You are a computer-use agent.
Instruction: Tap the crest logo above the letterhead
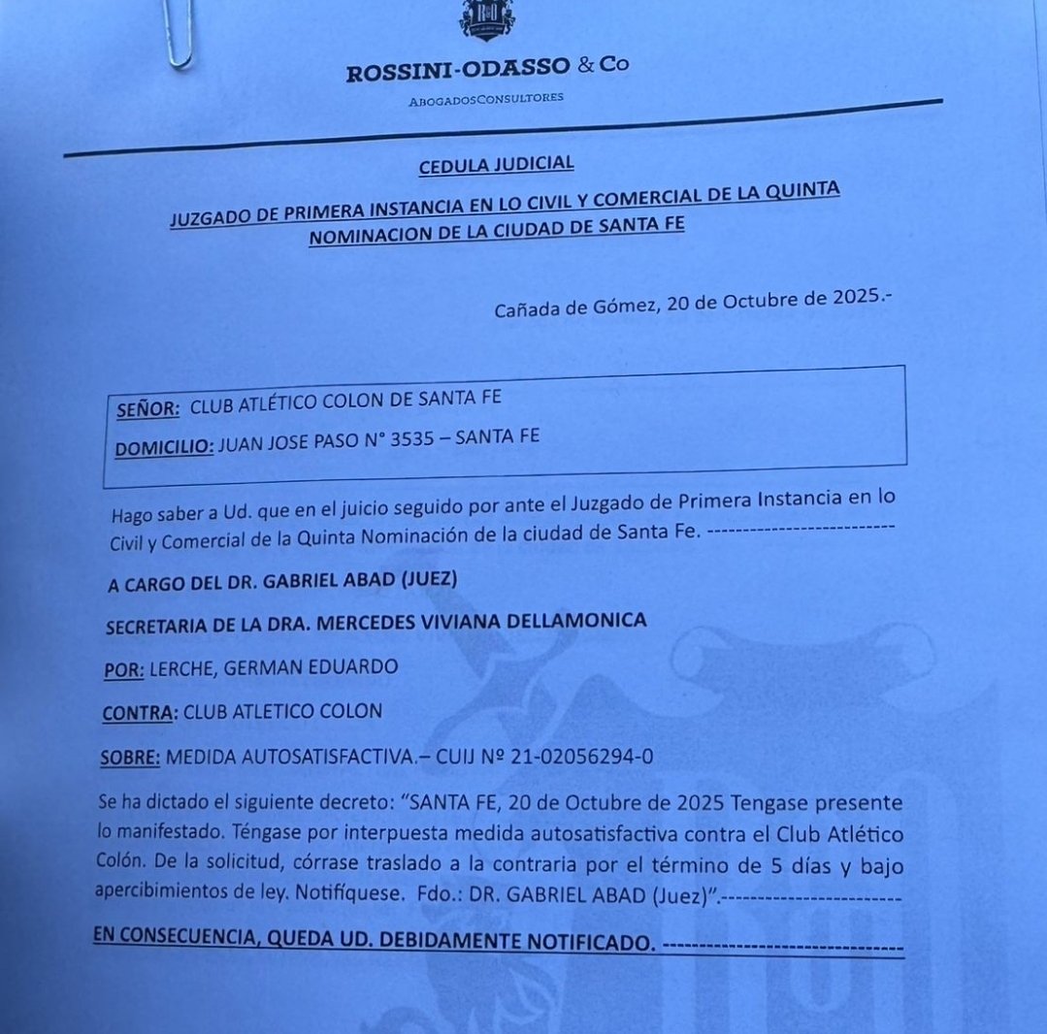[x=487, y=19]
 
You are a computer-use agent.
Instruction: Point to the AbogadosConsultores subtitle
[x=485, y=98]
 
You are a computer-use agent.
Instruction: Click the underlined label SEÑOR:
[x=147, y=409]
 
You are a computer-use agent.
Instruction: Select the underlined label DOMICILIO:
[x=163, y=449]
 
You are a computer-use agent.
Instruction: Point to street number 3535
[x=409, y=439]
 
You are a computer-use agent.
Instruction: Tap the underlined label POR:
[x=122, y=669]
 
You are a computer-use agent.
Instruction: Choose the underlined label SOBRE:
[x=130, y=757]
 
